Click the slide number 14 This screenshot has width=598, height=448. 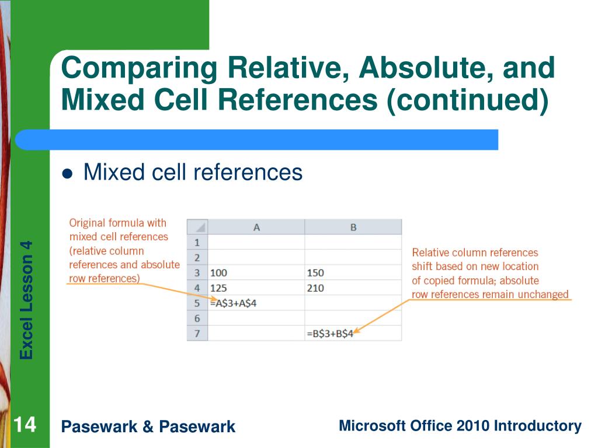click(25, 425)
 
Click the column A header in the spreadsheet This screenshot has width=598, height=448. click(256, 228)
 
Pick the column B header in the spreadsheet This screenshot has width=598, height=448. click(353, 228)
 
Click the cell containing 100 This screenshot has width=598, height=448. click(220, 273)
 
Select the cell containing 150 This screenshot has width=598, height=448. click(315, 273)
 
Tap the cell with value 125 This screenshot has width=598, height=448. click(220, 288)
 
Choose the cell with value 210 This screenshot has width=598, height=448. click(315, 288)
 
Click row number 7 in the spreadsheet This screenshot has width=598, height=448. click(197, 334)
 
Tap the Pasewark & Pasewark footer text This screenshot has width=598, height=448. click(148, 427)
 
